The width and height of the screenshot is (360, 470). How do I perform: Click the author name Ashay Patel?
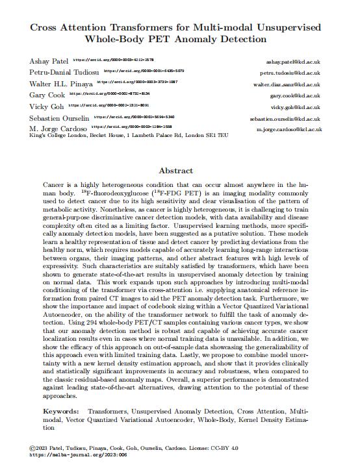49,60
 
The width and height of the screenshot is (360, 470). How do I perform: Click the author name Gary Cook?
46,95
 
